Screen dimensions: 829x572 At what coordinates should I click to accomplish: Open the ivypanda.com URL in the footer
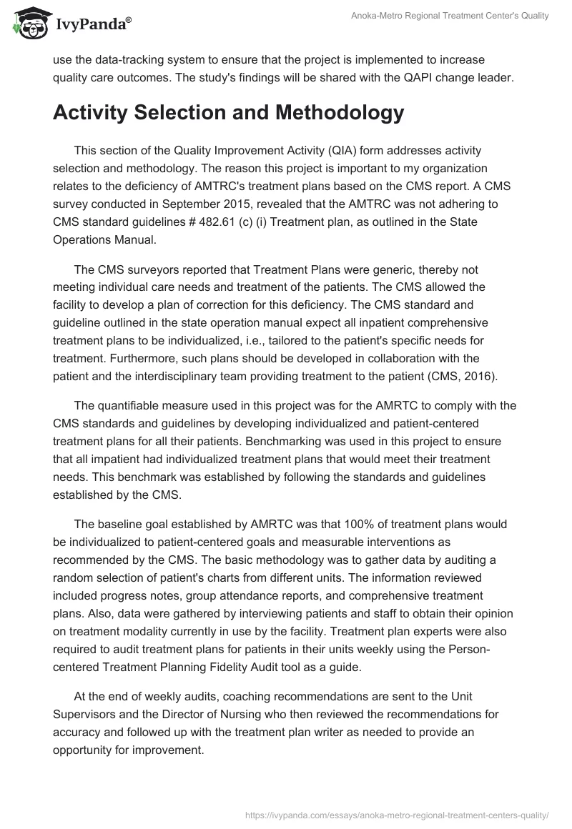[x=398, y=813]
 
